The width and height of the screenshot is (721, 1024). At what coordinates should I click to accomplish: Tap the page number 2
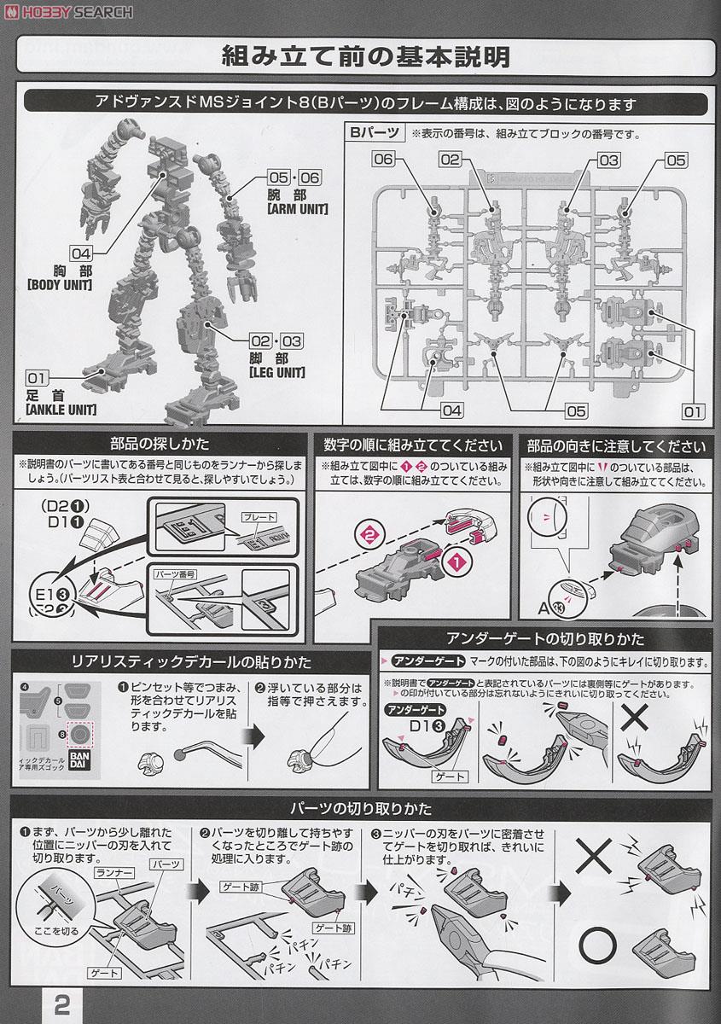[x=62, y=1004]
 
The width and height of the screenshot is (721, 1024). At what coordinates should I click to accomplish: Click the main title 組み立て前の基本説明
[x=365, y=57]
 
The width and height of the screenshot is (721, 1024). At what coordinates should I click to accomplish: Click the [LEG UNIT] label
[x=276, y=372]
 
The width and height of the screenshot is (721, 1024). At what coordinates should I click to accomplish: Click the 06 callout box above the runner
[x=383, y=160]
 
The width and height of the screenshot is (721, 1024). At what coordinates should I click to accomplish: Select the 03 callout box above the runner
[x=608, y=160]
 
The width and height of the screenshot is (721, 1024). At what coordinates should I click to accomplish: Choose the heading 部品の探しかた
[x=160, y=445]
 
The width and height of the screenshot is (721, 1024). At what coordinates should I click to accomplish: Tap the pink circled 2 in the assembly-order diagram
[x=369, y=535]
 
